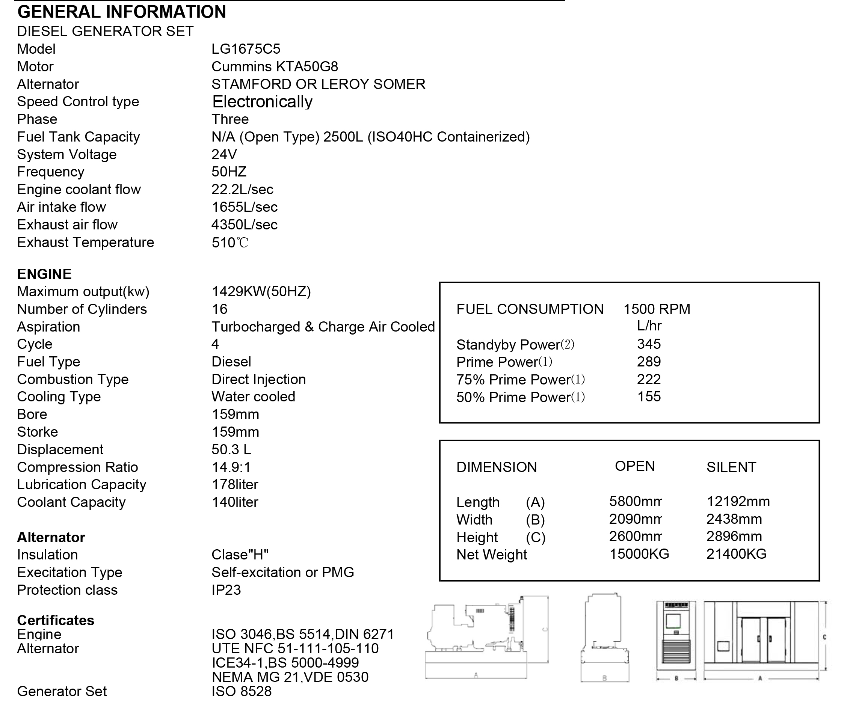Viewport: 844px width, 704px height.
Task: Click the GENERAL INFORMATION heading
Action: click(121, 12)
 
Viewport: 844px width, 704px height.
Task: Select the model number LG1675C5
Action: click(246, 49)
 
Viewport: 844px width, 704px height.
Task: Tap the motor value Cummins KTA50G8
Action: click(275, 67)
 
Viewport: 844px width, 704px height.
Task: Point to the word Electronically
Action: click(262, 102)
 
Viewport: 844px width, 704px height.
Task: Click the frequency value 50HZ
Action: click(229, 172)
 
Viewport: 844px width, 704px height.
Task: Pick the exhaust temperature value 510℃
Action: click(229, 243)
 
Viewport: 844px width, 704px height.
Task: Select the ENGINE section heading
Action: click(44, 274)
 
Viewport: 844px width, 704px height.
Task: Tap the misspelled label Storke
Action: click(38, 432)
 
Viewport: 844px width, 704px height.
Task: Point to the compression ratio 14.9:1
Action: click(231, 467)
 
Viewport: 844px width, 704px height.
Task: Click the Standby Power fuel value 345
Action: click(649, 344)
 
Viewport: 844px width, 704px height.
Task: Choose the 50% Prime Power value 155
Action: click(649, 397)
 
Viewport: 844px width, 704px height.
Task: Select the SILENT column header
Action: click(731, 467)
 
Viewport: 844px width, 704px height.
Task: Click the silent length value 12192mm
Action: click(738, 502)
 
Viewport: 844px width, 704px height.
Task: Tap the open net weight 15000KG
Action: click(639, 555)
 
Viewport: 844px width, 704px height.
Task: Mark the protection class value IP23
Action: click(226, 590)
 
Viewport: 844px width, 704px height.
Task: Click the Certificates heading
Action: click(56, 620)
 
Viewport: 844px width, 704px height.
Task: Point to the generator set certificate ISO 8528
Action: click(242, 692)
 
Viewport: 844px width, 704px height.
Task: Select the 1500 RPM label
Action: click(657, 309)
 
